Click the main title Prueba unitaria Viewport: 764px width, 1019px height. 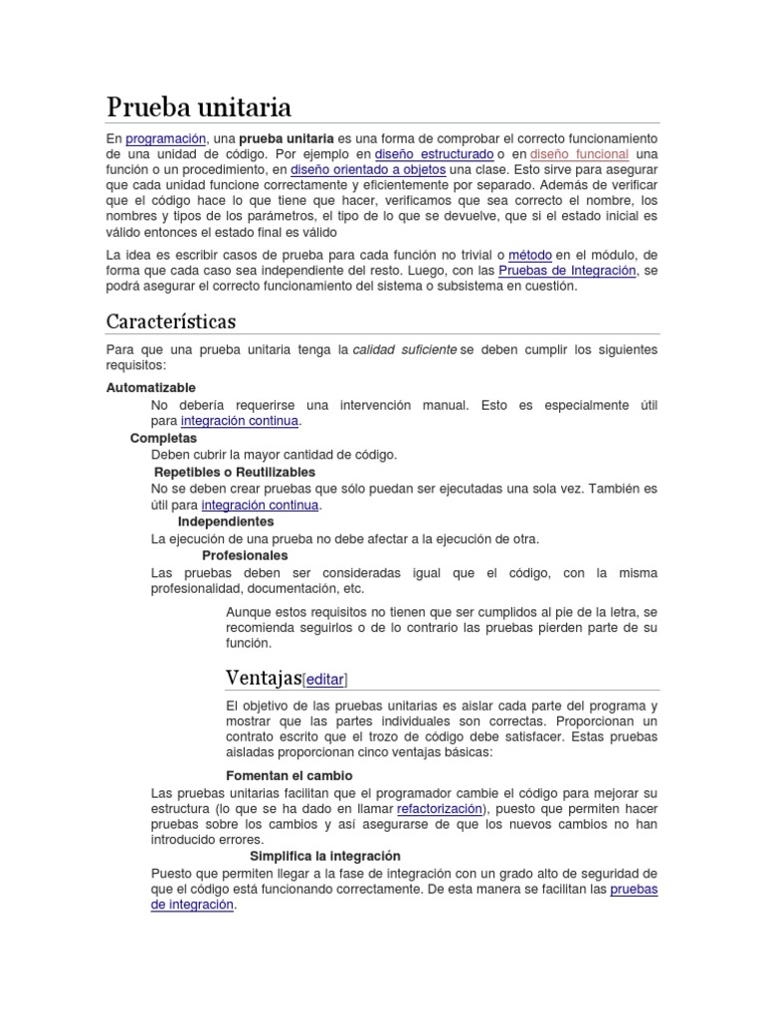(199, 105)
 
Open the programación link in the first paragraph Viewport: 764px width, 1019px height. (165, 138)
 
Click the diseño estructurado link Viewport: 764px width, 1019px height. (434, 154)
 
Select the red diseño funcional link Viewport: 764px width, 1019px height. (579, 154)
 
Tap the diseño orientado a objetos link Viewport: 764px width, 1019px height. (368, 170)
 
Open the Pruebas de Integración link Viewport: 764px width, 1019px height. (567, 271)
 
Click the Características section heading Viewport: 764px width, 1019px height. (171, 321)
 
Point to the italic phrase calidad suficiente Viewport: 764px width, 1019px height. (405, 350)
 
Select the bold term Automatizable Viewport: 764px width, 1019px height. (151, 387)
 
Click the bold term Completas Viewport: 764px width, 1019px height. (164, 438)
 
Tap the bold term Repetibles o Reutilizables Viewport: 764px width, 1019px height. (235, 472)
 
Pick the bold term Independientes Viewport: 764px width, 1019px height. (226, 521)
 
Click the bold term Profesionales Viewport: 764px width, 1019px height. (245, 555)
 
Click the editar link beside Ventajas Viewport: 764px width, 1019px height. (325, 680)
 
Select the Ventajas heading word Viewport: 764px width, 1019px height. (263, 678)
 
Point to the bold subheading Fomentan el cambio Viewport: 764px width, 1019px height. (289, 775)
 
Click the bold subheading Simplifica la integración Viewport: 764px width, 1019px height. (324, 856)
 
